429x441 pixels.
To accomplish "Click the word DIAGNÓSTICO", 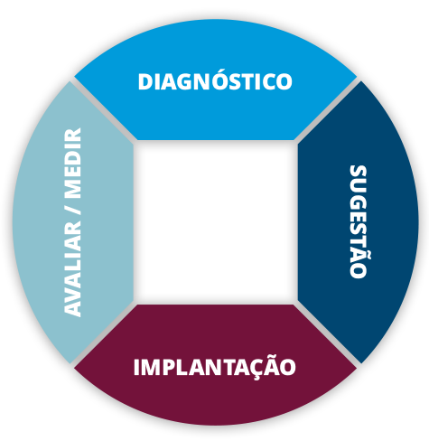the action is (x=215, y=80).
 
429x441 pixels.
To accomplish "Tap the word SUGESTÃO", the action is (x=359, y=221).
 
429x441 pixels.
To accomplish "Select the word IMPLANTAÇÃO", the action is (x=215, y=368).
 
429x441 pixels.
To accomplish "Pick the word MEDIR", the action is (x=73, y=163).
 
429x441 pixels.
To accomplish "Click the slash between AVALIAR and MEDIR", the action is (x=73, y=210).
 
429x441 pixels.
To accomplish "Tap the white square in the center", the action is (x=216, y=222).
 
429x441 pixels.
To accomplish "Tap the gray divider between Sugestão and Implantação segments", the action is (x=327, y=333).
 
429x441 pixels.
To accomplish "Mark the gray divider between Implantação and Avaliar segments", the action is (x=103, y=333).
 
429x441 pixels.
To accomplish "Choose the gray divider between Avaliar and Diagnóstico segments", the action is (x=103, y=110).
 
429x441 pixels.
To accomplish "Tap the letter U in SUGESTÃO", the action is (x=359, y=190).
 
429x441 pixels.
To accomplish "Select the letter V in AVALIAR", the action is (x=73, y=288).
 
